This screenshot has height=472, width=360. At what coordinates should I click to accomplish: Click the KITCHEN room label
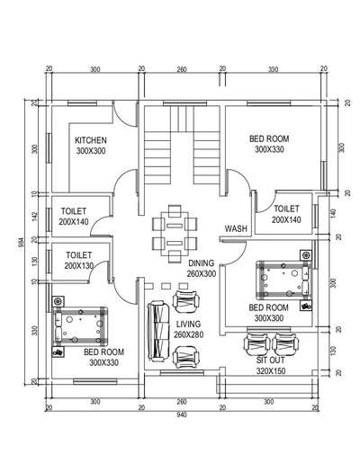[x=91, y=140]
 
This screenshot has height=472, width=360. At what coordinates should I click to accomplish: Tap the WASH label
[x=236, y=228]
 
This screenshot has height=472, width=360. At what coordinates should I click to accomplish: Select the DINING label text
[x=202, y=263]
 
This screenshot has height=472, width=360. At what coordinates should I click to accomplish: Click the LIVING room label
[x=188, y=325]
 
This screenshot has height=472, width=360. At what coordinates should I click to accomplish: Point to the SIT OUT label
[x=271, y=360]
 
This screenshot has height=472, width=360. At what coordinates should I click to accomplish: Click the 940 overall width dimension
[x=182, y=414]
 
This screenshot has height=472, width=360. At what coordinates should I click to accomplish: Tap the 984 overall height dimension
[x=21, y=243]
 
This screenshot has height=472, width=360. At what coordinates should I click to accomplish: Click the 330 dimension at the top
[x=274, y=69]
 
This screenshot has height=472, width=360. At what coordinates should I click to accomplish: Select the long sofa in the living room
[x=158, y=331]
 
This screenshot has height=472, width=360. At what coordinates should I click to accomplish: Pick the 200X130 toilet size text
[x=79, y=266]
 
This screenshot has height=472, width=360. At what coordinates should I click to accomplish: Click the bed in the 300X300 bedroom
[x=283, y=280]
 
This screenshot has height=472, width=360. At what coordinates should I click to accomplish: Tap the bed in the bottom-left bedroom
[x=80, y=326]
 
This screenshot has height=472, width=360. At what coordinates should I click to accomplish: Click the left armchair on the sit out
[x=256, y=344]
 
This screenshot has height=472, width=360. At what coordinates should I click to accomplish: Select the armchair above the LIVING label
[x=186, y=301]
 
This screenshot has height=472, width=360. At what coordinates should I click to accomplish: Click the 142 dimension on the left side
[x=35, y=216]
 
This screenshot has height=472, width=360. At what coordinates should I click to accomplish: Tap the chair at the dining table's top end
[x=175, y=210]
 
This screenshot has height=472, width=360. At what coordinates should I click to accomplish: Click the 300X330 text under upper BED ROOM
[x=269, y=149]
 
